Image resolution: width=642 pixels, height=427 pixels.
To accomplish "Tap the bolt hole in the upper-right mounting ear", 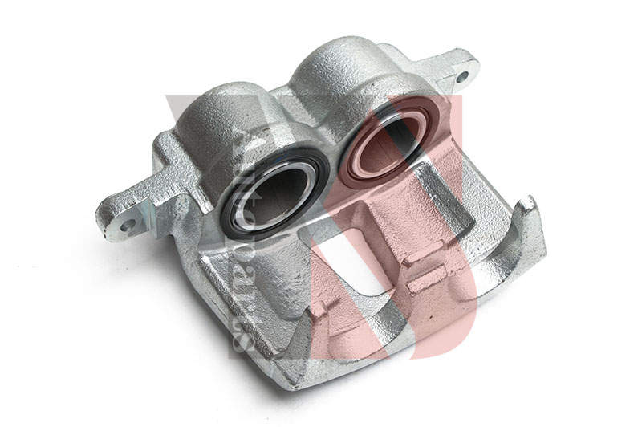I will [x=461, y=77].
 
